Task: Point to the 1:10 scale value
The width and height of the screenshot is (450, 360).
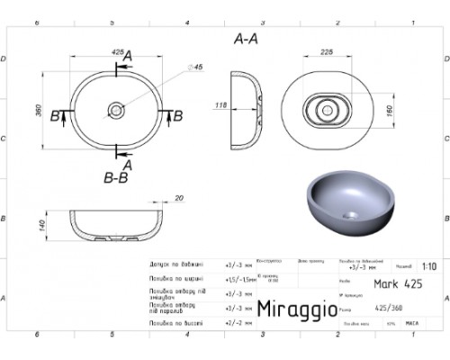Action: (x=431, y=267)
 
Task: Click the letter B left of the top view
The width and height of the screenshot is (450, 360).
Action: (x=55, y=116)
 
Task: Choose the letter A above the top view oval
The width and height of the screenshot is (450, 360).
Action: (x=126, y=58)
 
